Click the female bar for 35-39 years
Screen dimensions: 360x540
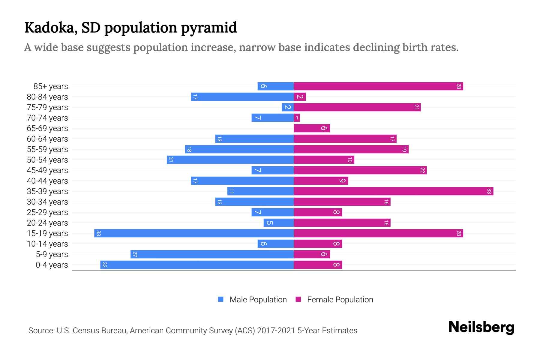click(x=393, y=191)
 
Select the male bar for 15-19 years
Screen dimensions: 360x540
click(x=194, y=233)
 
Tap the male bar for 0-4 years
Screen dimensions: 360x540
click(x=197, y=265)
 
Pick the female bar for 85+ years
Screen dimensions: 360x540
click(x=378, y=86)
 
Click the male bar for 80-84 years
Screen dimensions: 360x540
click(x=242, y=97)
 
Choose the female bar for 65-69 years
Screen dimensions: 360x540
click(x=312, y=128)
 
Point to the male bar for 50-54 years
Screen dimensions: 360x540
click(x=230, y=160)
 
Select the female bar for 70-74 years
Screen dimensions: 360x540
click(x=297, y=118)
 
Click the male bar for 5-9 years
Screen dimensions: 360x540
click(x=212, y=254)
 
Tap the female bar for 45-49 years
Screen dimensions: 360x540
click(x=360, y=170)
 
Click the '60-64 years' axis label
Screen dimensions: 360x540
click(x=47, y=139)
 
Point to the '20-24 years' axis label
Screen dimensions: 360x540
click(x=47, y=223)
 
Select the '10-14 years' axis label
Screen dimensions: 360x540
click(x=47, y=244)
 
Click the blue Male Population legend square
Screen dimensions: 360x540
click(x=221, y=299)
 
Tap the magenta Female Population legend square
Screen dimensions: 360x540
click(x=298, y=299)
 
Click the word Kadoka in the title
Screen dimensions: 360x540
click(x=49, y=28)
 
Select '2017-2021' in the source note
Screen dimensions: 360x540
click(x=276, y=331)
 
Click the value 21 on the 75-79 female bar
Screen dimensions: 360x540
click(x=416, y=107)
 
